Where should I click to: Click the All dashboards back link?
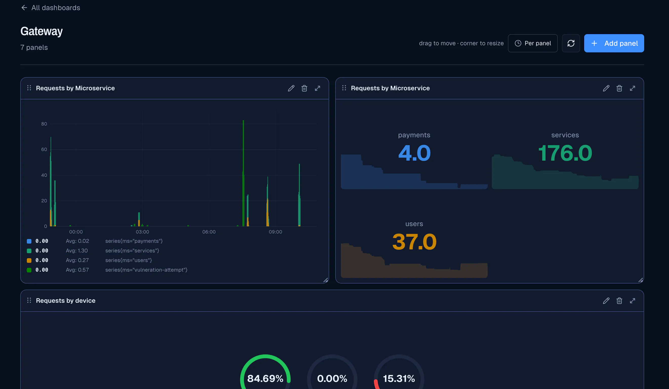(50, 8)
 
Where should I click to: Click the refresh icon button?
(571, 43)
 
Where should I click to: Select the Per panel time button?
(533, 43)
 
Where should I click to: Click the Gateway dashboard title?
(42, 31)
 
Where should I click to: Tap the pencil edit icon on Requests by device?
(606, 301)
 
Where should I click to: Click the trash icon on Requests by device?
(619, 301)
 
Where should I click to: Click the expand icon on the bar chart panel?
(318, 88)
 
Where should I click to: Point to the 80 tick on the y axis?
(44, 124)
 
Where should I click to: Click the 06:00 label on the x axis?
(209, 232)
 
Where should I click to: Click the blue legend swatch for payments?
(29, 241)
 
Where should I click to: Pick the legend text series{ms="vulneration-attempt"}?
(146, 270)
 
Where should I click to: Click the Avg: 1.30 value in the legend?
(77, 251)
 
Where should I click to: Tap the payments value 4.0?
(414, 153)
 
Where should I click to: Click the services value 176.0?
(565, 153)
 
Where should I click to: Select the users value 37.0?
(414, 242)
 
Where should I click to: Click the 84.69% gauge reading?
(265, 378)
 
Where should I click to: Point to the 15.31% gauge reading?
(399, 378)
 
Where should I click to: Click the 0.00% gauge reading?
(332, 378)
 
